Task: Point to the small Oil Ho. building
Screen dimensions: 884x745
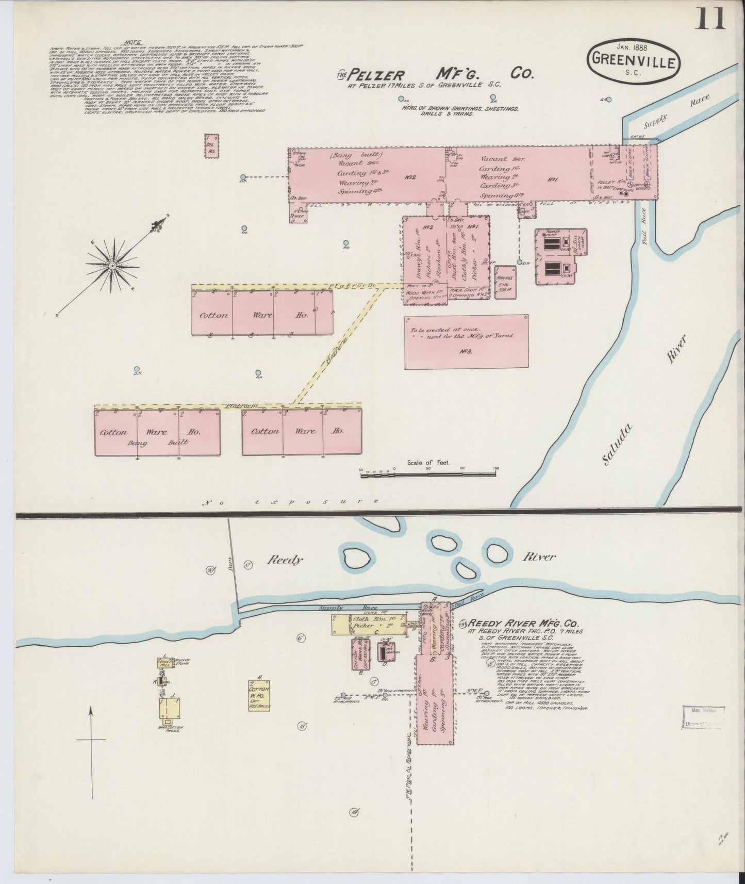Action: click(211, 145)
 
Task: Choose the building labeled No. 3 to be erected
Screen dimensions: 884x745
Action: click(466, 342)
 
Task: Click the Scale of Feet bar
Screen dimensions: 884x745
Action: click(428, 472)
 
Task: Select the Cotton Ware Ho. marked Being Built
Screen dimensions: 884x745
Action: click(157, 432)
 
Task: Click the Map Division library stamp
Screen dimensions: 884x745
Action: click(704, 718)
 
